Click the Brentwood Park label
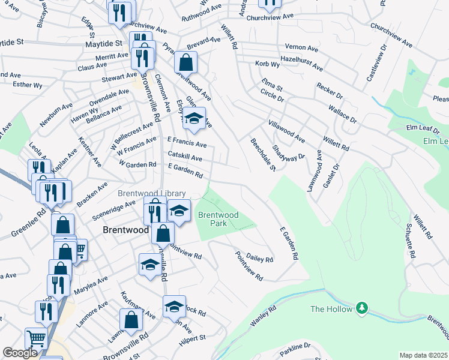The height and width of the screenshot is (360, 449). tap(218, 218)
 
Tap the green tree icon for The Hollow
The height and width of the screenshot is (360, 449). tap(361, 308)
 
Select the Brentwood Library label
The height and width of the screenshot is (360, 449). tap(151, 193)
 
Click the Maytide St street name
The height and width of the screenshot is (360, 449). tap(20, 43)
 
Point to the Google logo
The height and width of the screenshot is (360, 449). tap(20, 353)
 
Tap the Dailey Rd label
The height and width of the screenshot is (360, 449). tap(259, 257)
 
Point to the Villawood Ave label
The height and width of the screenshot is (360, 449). tap(286, 133)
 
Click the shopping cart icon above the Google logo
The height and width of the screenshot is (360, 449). tap(36, 338)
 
